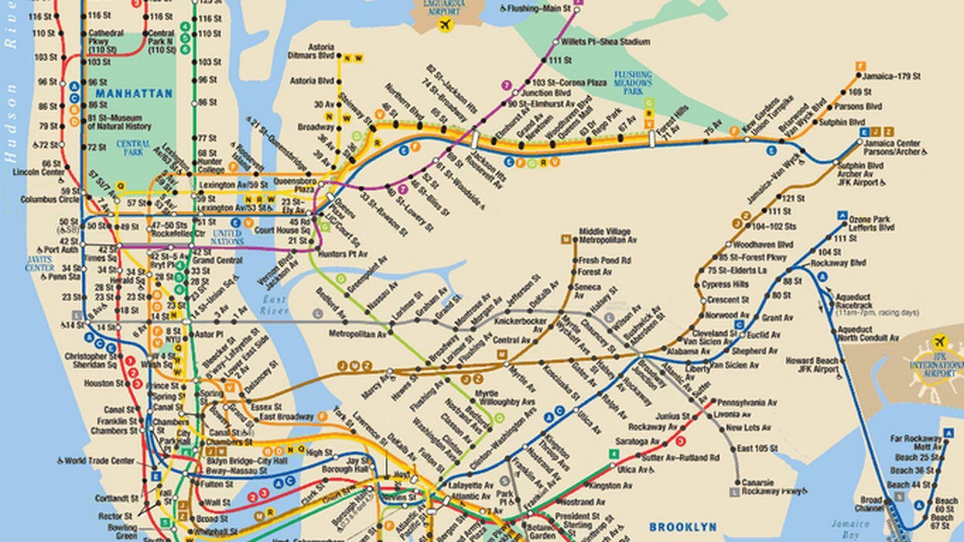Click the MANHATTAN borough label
click(133, 95)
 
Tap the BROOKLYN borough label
click(683, 527)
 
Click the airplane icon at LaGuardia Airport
click(445, 25)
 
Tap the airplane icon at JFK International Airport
click(939, 342)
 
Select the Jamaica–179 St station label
click(890, 76)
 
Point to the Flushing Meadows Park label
click(633, 83)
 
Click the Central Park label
click(133, 148)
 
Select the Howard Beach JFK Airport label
click(811, 365)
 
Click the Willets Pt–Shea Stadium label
click(596, 42)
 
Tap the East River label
click(274, 305)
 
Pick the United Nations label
click(227, 237)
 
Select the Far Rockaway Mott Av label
click(915, 443)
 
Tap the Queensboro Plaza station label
click(295, 184)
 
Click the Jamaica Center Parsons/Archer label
click(892, 148)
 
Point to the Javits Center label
click(40, 263)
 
